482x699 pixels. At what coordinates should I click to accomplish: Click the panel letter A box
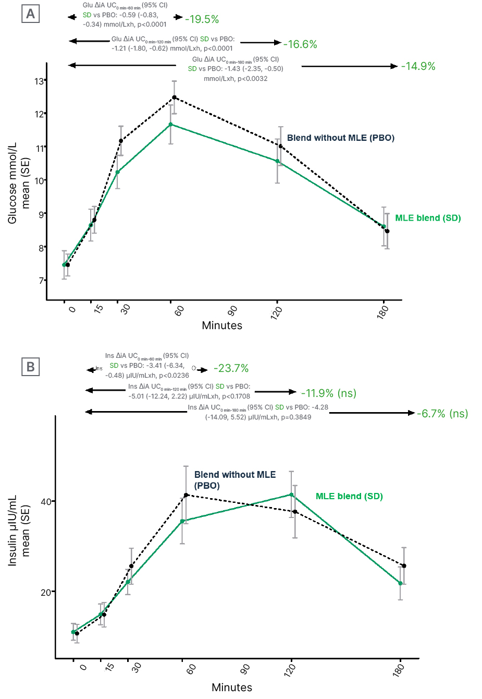click(30, 14)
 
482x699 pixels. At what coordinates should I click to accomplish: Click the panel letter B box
click(30, 367)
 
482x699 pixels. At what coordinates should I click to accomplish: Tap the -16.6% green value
click(300, 44)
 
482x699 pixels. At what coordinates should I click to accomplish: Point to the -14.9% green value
click(418, 66)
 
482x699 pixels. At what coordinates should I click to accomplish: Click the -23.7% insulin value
click(231, 368)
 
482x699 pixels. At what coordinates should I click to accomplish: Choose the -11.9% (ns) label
click(329, 393)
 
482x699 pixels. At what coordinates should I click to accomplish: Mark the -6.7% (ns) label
click(442, 414)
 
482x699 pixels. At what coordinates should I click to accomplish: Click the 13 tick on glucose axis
click(39, 81)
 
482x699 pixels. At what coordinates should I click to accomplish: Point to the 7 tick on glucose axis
click(41, 281)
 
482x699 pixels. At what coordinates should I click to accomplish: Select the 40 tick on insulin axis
click(46, 502)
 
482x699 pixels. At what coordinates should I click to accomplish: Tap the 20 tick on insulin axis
click(46, 593)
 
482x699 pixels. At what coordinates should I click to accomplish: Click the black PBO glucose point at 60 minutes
click(175, 98)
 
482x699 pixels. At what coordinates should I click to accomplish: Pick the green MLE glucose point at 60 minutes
click(171, 124)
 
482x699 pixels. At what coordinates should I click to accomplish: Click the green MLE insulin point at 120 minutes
click(291, 495)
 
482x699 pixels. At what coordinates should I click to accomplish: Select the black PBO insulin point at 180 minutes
click(404, 566)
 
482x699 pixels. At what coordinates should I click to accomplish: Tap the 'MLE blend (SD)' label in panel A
click(428, 218)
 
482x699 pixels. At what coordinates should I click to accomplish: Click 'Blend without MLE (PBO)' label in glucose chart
click(341, 138)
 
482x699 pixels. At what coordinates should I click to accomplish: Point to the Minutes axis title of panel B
click(232, 688)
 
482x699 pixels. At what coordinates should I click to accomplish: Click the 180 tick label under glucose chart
click(383, 312)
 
